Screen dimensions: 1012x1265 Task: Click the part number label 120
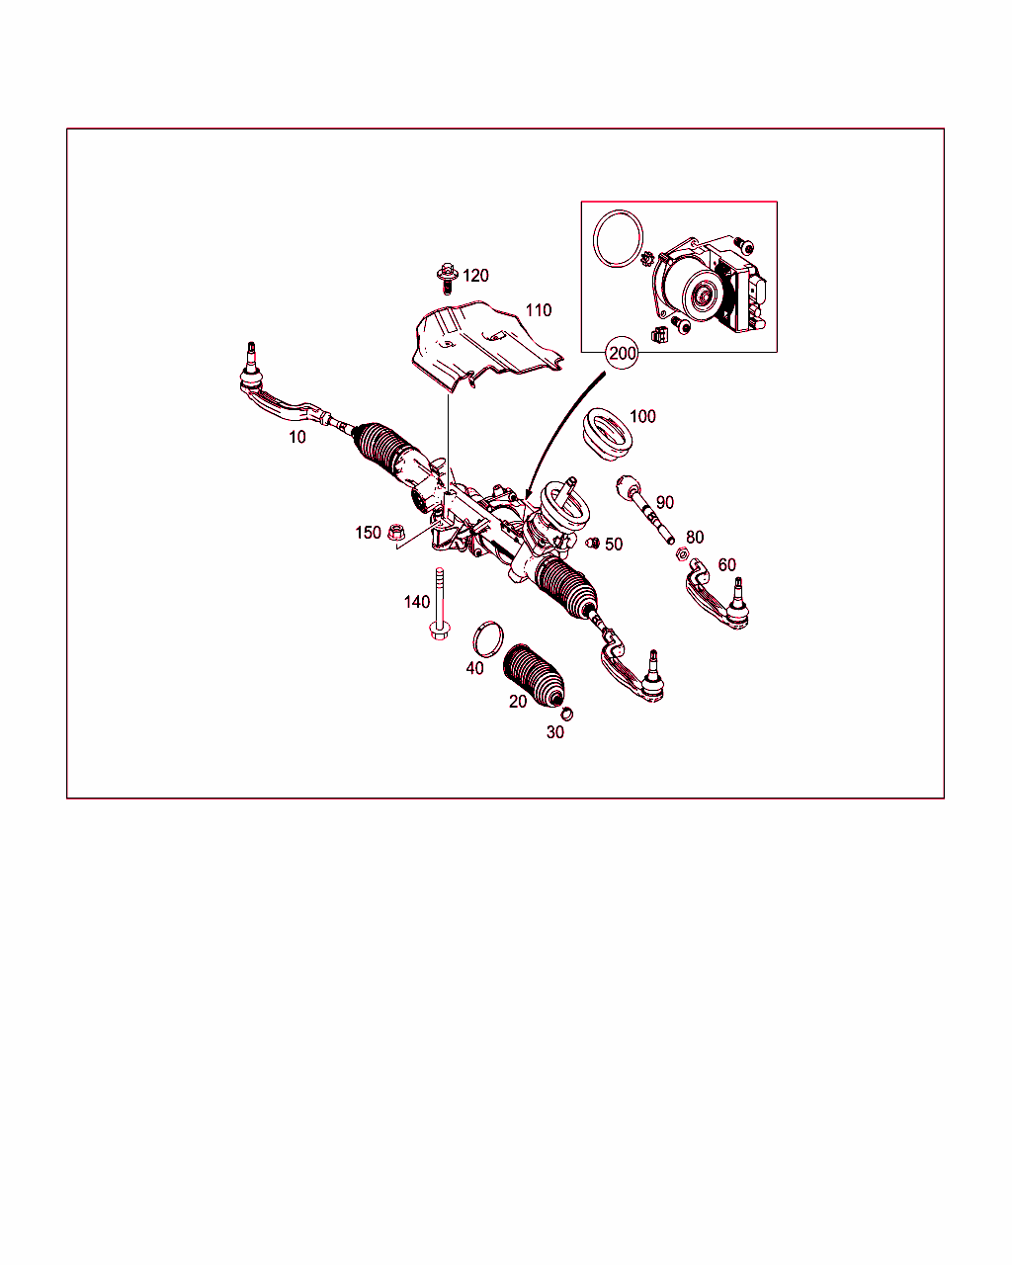[475, 275]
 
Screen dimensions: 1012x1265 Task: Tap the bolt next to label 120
[447, 279]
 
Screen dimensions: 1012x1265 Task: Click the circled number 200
[623, 353]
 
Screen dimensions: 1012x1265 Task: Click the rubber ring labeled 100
[608, 434]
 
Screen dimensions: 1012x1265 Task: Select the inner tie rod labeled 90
[645, 509]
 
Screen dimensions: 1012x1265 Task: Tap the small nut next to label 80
[682, 553]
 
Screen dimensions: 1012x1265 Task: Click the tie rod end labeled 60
[717, 595]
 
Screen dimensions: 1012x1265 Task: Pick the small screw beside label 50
[593, 544]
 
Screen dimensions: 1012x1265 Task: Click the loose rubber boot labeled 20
[534, 675]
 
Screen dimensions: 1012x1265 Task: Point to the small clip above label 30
[567, 715]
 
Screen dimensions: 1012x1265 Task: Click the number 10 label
[296, 437]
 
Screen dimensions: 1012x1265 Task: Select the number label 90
[664, 502]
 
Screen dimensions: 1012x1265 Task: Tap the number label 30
[555, 732]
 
